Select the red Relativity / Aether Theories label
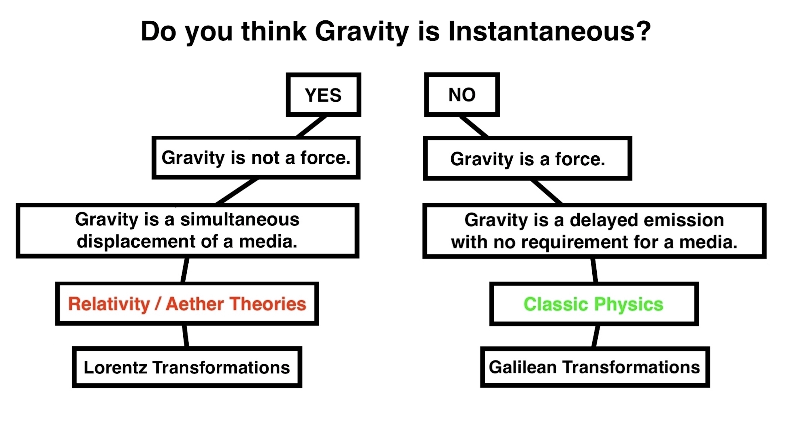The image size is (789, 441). click(x=187, y=304)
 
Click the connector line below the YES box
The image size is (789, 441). click(x=311, y=127)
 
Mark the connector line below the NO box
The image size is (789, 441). click(x=474, y=127)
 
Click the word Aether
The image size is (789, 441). click(x=195, y=304)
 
